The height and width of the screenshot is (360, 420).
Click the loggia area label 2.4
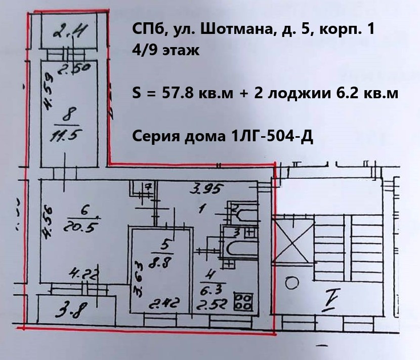pos(69,34)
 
